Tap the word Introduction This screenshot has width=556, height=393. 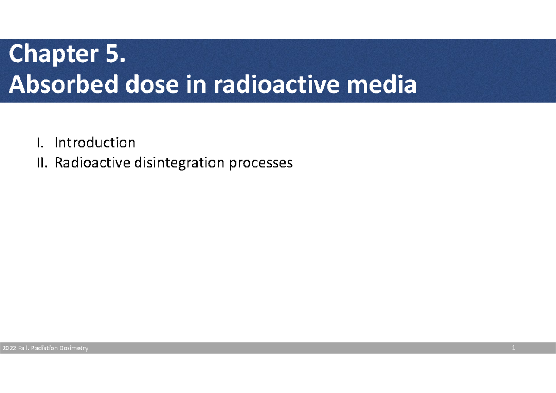pos(95,142)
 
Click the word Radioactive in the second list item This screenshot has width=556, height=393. pos(90,163)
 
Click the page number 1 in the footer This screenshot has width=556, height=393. pos(514,348)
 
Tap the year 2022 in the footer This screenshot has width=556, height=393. pos(9,349)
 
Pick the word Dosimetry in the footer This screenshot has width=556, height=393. pos(73,349)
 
